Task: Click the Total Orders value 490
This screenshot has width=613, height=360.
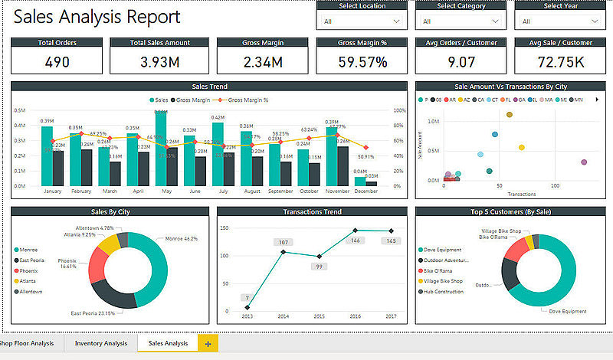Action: tap(57, 61)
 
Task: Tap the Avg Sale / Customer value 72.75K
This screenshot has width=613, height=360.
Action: tap(560, 61)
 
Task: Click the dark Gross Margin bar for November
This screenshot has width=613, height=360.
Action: tap(342, 165)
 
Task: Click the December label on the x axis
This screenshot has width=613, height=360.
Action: tap(366, 191)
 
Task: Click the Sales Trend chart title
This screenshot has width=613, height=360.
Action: tap(209, 87)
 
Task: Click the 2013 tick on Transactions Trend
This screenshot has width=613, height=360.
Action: tap(247, 316)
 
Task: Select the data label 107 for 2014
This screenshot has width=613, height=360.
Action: tap(283, 242)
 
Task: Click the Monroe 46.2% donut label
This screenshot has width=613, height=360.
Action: tap(182, 239)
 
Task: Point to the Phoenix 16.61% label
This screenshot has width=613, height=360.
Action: tap(69, 264)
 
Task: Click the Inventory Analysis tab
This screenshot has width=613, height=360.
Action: tap(100, 343)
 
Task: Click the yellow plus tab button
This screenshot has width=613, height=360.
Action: tap(208, 343)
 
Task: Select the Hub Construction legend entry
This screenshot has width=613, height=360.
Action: tap(444, 291)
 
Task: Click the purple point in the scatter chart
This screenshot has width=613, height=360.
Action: tap(584, 162)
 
